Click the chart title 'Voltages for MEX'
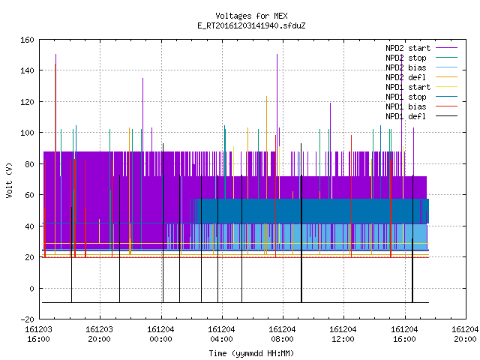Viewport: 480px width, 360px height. pyautogui.click(x=251, y=16)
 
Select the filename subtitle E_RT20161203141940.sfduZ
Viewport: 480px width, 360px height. pyautogui.click(x=251, y=25)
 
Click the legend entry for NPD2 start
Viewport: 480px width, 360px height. pyautogui.click(x=408, y=48)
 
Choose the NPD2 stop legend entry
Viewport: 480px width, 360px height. pyautogui.click(x=406, y=58)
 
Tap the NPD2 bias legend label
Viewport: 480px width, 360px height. pyautogui.click(x=406, y=67)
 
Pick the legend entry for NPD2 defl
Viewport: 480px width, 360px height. pyautogui.click(x=406, y=77)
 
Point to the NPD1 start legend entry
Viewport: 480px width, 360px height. pyautogui.click(x=408, y=87)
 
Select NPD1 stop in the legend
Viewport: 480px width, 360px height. pyautogui.click(x=406, y=97)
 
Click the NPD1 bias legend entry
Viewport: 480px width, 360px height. pyautogui.click(x=406, y=106)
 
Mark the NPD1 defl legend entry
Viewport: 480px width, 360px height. pyautogui.click(x=406, y=116)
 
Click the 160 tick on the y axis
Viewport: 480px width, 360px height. pyautogui.click(x=27, y=40)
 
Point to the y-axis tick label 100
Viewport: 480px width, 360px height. pyautogui.click(x=27, y=133)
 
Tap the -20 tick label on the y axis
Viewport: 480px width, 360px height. pyautogui.click(x=27, y=319)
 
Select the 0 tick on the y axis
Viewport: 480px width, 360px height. pyautogui.click(x=31, y=288)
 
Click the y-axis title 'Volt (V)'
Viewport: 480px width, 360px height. pyautogui.click(x=10, y=180)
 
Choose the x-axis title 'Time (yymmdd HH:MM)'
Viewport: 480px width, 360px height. pyautogui.click(x=251, y=353)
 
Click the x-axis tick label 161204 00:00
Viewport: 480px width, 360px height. pyautogui.click(x=160, y=334)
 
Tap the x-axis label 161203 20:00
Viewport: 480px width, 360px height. pyautogui.click(x=99, y=334)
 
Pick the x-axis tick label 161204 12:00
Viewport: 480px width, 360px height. pyautogui.click(x=343, y=334)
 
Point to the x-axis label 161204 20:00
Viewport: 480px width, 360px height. pyautogui.click(x=465, y=334)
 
